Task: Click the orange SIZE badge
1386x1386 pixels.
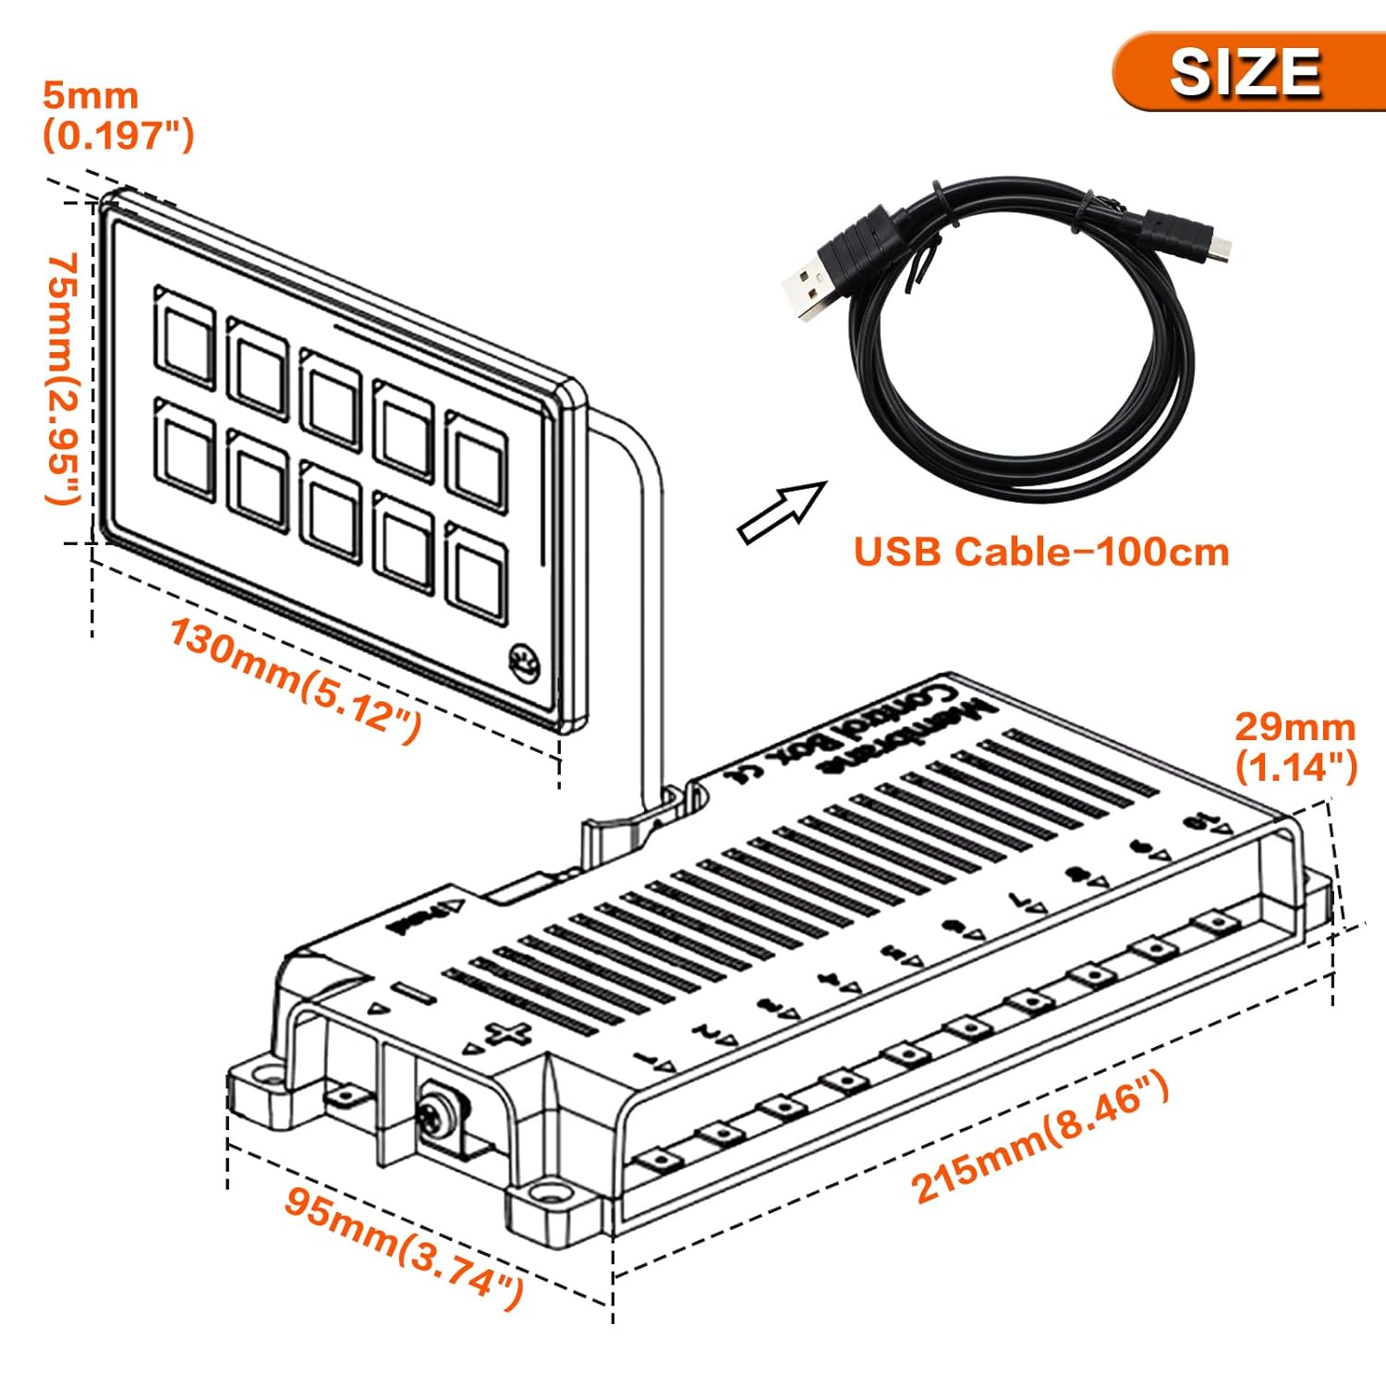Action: point(1243,72)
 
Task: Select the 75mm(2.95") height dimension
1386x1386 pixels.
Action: point(65,379)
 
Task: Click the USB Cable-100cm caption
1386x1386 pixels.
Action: point(1041,552)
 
